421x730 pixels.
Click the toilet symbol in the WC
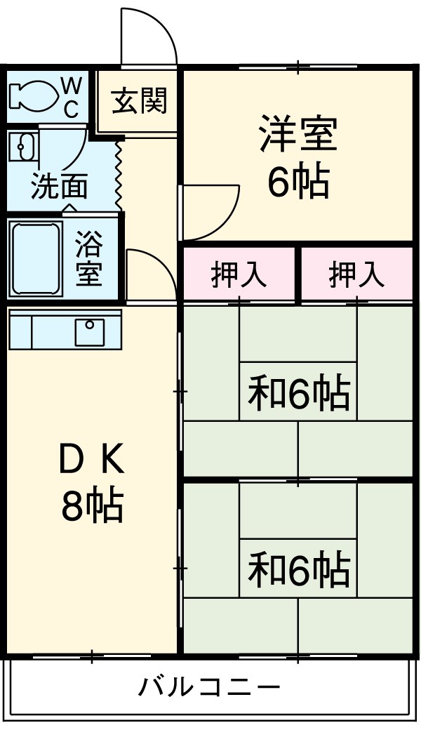point(32,96)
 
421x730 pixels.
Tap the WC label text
point(72,97)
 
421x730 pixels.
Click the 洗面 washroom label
point(59,187)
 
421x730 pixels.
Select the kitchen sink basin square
point(89,331)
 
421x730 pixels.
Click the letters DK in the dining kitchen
point(91,461)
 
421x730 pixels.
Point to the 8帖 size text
point(92,505)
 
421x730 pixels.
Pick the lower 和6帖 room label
point(298,569)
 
